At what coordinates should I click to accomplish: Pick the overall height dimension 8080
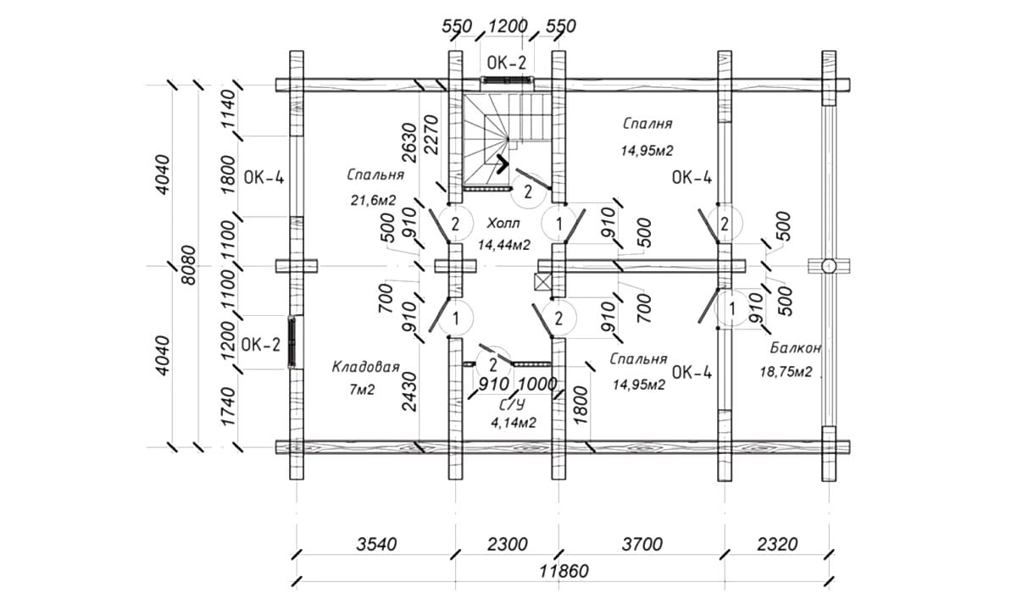(188, 265)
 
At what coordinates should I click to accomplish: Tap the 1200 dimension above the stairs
(508, 25)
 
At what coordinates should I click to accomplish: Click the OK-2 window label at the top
(507, 62)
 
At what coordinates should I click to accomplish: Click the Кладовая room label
(365, 367)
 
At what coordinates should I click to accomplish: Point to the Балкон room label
(796, 348)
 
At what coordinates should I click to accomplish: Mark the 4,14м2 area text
(516, 420)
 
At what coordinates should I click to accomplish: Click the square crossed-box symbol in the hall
(542, 282)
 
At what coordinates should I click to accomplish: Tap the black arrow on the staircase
(503, 163)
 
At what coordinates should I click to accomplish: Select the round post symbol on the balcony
(829, 266)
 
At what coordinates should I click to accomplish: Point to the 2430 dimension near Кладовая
(409, 391)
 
